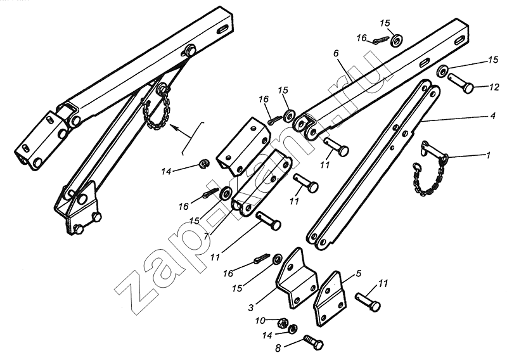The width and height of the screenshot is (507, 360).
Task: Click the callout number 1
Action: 488,155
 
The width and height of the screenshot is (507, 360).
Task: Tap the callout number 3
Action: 251,307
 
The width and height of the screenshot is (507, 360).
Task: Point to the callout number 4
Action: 492,115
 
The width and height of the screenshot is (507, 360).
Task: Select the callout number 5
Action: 358,273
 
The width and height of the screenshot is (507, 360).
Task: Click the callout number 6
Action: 336,53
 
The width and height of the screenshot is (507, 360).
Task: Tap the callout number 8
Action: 278,348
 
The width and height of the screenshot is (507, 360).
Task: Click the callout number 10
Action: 260,321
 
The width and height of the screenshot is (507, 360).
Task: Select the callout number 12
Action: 494,87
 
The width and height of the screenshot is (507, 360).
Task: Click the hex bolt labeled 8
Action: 313,343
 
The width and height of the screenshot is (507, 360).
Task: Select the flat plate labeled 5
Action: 330,299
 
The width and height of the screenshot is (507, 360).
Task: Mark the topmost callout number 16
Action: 361,38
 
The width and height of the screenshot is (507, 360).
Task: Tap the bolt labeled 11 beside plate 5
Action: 368,302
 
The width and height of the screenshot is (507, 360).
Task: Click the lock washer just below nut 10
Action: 293,328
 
